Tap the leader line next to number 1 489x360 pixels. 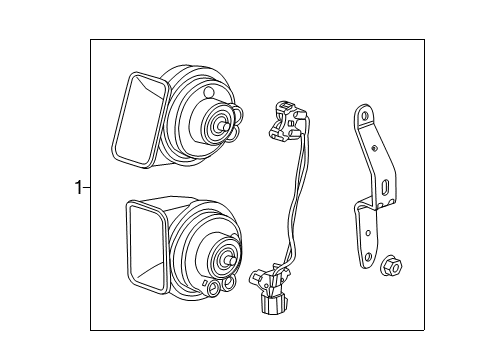pyautogui.click(x=86, y=186)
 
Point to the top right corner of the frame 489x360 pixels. pyautogui.click(x=424, y=39)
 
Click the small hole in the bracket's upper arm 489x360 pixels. pyautogui.click(x=375, y=147)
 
